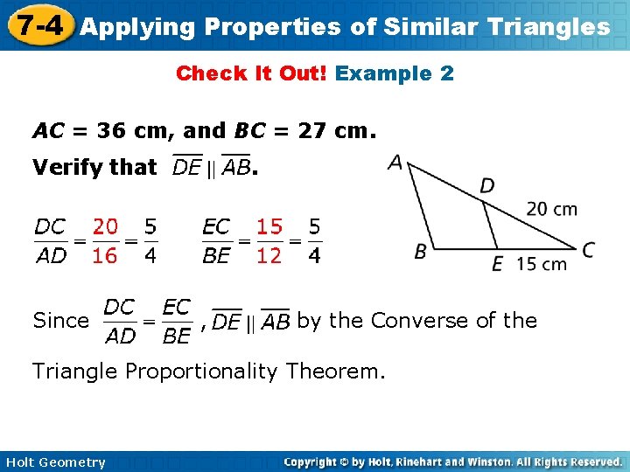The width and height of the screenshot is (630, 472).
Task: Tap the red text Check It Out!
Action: coord(252,73)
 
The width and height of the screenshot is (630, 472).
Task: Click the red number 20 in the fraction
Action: coord(105,227)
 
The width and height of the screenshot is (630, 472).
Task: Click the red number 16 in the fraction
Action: coord(105,257)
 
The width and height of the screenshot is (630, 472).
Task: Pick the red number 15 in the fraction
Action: coord(269,227)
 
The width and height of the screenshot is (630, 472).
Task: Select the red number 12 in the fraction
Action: coord(269,257)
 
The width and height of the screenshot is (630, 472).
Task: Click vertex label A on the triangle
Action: coord(395,163)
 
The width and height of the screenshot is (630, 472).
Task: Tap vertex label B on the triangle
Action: coord(421,252)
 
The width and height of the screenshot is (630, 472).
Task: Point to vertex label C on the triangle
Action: coord(587,250)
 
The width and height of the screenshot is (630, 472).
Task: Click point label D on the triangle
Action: coord(486,185)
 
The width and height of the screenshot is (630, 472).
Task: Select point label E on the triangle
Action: coord(497,264)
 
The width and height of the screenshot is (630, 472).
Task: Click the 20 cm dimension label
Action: coord(551,209)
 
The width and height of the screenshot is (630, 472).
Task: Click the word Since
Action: coord(60,321)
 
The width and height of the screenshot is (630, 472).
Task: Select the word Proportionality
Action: coord(230,371)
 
